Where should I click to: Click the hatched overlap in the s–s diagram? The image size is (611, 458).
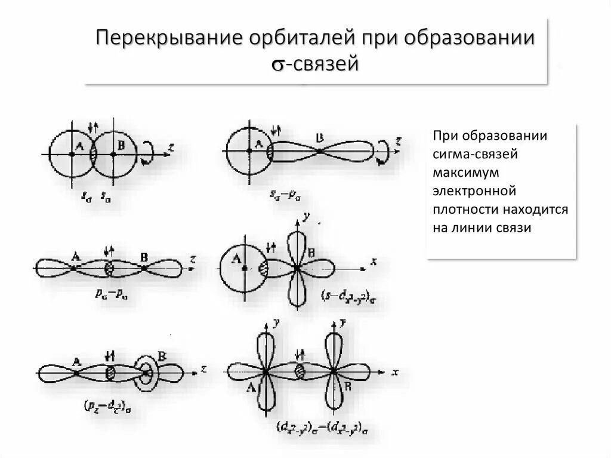click(x=92, y=153)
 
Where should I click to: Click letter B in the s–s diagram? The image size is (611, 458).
click(x=121, y=144)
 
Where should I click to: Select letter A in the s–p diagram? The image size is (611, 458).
click(x=258, y=143)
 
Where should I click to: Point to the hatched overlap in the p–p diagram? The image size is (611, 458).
click(x=109, y=269)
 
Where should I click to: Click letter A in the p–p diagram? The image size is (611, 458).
click(x=76, y=257)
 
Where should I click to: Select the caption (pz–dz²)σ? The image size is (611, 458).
click(x=104, y=408)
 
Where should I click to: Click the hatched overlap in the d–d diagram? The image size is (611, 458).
click(x=299, y=371)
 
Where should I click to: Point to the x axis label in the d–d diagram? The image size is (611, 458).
click(x=395, y=371)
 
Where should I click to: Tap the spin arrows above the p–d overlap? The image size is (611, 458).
click(x=110, y=357)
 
